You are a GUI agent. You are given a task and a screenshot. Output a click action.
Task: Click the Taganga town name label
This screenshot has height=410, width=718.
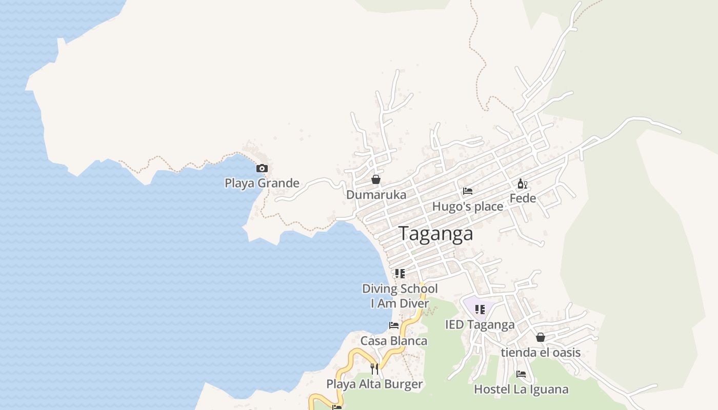436,234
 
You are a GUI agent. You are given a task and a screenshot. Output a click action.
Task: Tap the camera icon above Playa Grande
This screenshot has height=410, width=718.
262,168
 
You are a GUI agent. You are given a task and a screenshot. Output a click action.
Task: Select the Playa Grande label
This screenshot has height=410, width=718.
262,183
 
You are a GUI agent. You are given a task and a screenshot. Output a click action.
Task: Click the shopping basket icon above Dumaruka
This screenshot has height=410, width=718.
376,179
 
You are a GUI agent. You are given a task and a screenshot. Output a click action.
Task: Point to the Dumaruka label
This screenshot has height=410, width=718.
376,195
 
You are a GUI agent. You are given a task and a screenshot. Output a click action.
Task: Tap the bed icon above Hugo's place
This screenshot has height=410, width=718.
468,191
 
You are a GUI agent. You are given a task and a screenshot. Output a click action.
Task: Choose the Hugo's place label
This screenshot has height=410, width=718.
468,207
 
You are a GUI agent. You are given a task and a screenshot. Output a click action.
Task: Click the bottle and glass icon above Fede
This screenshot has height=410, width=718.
523,184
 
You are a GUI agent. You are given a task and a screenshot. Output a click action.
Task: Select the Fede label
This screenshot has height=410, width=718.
523,198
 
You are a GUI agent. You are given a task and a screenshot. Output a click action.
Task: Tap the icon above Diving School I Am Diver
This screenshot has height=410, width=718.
400,274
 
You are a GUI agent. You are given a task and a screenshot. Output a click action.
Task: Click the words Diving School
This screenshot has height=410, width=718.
400,289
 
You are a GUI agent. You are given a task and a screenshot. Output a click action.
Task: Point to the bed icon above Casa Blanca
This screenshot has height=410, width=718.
394,325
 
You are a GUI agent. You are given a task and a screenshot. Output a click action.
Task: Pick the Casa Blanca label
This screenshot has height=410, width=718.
394,341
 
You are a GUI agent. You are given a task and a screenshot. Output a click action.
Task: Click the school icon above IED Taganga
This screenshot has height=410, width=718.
480,310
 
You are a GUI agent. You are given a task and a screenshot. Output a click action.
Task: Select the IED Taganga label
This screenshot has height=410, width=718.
480,324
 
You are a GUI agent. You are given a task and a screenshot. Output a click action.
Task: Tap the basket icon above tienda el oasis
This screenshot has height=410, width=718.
541,337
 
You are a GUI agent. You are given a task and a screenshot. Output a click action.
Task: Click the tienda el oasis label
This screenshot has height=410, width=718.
541,353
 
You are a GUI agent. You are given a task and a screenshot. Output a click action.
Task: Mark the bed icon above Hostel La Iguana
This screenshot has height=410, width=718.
521,374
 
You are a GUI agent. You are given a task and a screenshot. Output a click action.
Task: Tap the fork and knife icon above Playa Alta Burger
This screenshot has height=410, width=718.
374,368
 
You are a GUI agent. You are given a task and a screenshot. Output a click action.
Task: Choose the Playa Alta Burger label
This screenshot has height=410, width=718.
374,384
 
